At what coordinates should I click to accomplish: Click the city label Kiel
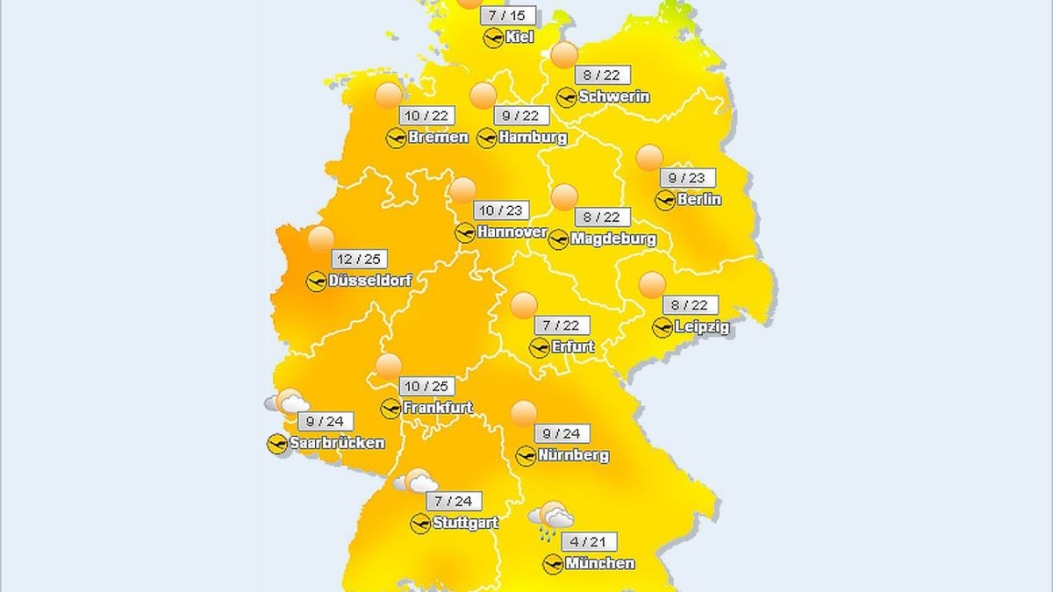[519, 37]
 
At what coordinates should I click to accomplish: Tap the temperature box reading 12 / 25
[360, 260]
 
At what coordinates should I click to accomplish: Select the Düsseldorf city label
[370, 282]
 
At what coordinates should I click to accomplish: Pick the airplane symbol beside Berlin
[666, 200]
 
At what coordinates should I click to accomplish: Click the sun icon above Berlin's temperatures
[649, 158]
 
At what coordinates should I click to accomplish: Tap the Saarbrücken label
[336, 443]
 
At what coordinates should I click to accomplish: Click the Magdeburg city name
[612, 239]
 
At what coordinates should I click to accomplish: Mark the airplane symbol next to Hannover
[466, 232]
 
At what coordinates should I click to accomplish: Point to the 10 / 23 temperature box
[500, 210]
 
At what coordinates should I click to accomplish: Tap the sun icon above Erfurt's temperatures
[524, 304]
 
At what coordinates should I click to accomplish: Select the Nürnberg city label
[574, 456]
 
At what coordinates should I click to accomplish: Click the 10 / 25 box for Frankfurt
[426, 386]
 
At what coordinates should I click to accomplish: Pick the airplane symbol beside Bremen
[397, 138]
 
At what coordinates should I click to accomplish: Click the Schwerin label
[614, 96]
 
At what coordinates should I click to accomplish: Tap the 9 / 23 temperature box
[686, 178]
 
